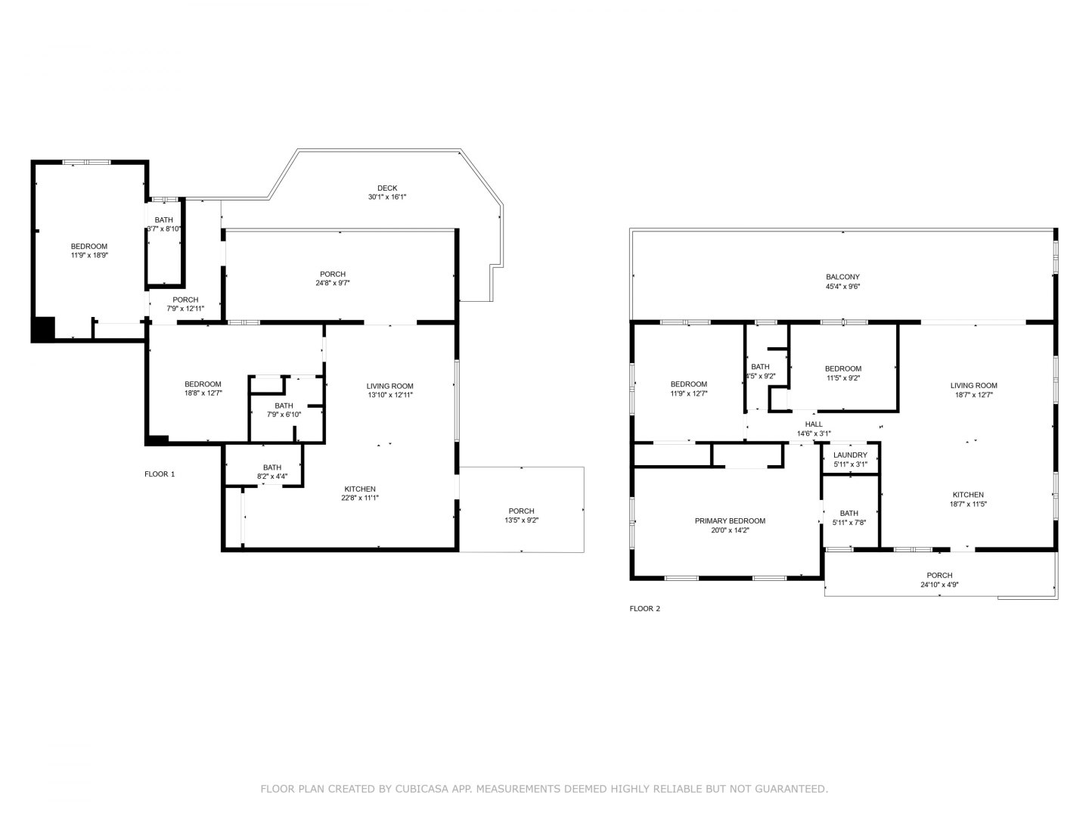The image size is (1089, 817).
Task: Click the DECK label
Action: click(x=387, y=188)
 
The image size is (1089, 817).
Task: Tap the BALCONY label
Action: click(x=842, y=277)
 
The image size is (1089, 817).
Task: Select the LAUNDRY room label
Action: click(x=850, y=455)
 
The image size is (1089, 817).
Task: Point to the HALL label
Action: click(x=814, y=424)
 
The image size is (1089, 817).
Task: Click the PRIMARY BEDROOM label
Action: click(x=730, y=521)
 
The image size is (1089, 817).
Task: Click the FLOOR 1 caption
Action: click(x=160, y=474)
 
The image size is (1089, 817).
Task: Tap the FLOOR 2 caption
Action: click(x=644, y=609)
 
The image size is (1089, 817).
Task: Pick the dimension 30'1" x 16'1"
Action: click(x=387, y=197)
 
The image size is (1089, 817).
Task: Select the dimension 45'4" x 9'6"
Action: click(x=842, y=286)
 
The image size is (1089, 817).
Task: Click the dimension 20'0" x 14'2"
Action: click(x=730, y=530)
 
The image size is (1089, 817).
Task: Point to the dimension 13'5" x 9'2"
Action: click(x=521, y=520)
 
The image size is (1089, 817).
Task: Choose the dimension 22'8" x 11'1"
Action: click(x=360, y=498)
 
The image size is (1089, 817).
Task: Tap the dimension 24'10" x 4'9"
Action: click(x=939, y=585)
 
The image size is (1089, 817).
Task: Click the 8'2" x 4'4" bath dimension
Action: click(x=272, y=477)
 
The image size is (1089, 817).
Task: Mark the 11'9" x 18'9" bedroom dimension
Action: click(x=89, y=256)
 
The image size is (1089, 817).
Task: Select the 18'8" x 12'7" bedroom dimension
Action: click(x=203, y=393)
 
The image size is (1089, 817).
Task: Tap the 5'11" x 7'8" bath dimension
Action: click(x=849, y=522)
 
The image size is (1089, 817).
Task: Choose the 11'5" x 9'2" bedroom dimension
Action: click(x=843, y=377)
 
